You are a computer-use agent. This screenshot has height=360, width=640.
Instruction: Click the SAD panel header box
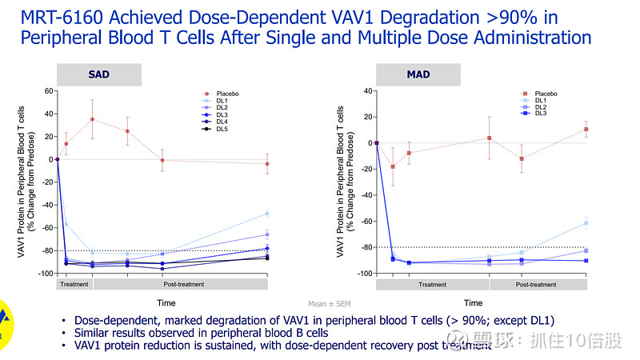[98, 74]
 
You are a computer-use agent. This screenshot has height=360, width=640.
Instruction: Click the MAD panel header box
[418, 74]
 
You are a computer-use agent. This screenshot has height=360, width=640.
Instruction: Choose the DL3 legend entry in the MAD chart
[540, 114]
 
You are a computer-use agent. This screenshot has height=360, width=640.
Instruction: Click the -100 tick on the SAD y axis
[46, 274]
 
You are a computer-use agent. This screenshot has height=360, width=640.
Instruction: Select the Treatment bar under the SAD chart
[74, 284]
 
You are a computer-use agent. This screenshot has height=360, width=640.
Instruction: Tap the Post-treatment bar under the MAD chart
[536, 284]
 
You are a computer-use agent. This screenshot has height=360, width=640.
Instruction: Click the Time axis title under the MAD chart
[473, 302]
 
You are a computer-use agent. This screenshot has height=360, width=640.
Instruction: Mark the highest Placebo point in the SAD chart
[93, 119]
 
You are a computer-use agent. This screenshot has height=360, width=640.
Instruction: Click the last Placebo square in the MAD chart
[586, 129]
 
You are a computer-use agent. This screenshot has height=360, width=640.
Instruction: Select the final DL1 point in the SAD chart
[267, 214]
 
